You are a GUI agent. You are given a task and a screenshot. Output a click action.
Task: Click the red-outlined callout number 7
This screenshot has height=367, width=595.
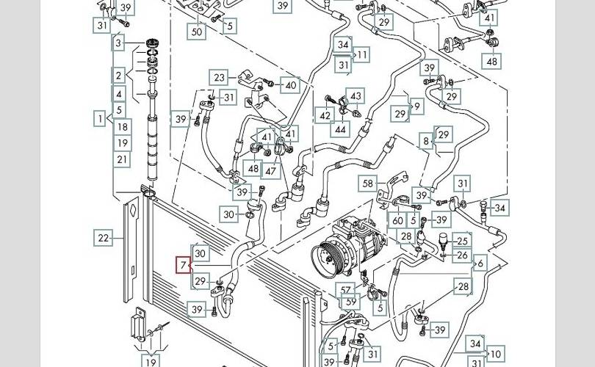[x=184, y=265]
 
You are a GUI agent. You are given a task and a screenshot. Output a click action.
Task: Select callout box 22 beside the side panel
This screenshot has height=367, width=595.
[x=104, y=238]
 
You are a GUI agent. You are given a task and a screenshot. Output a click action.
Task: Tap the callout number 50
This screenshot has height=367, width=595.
[x=197, y=31]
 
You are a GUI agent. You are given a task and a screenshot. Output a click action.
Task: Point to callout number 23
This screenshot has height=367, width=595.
[x=219, y=78]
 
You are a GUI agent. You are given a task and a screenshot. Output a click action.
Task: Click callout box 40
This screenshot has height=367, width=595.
[x=290, y=85]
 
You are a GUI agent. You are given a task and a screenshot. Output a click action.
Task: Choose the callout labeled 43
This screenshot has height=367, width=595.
[x=356, y=96]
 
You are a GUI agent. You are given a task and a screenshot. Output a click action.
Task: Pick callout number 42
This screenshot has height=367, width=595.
[x=325, y=115]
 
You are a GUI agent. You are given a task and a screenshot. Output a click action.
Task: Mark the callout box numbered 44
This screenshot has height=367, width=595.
[x=340, y=129]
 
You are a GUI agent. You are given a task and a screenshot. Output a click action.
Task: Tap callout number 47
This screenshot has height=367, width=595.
[x=270, y=171]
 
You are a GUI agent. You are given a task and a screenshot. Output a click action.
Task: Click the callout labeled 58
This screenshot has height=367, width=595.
[x=368, y=183]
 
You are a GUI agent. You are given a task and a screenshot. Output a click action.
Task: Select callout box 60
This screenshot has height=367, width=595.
[x=397, y=220]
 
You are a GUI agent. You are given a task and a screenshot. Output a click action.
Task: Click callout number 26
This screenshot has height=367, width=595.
[x=462, y=255]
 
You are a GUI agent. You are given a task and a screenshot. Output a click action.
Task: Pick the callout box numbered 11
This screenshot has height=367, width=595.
[x=362, y=55]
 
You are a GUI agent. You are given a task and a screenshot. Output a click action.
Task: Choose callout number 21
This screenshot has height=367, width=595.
[x=122, y=159]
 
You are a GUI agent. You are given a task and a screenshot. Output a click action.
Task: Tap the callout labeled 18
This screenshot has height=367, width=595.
[x=123, y=127]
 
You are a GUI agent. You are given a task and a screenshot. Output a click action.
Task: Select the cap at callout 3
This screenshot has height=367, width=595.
[x=152, y=43]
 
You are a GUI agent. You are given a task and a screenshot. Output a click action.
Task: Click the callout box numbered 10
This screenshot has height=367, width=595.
[x=496, y=354]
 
